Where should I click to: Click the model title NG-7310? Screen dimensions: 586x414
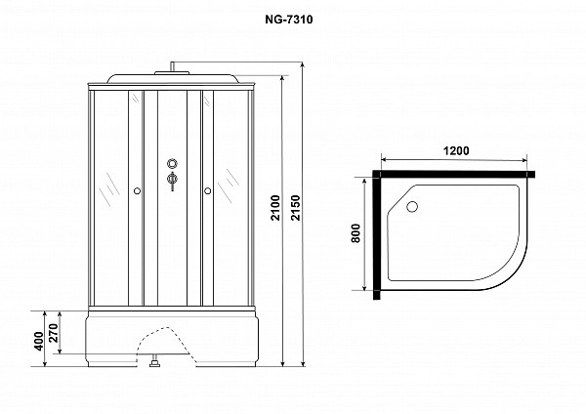pyautogui.click(x=289, y=20)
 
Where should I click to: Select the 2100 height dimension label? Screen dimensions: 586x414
pyautogui.click(x=275, y=208)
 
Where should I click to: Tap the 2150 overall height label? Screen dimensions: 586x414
pyautogui.click(x=296, y=208)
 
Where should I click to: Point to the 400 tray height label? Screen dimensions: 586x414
pyautogui.click(x=39, y=341)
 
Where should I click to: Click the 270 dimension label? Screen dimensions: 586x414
pyautogui.click(x=54, y=333)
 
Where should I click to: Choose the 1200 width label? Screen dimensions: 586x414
pyautogui.click(x=456, y=151)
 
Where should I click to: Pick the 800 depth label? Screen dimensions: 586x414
pyautogui.click(x=356, y=233)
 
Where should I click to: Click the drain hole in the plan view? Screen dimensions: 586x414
pyautogui.click(x=412, y=207)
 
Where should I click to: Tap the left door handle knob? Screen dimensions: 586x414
pyautogui.click(x=137, y=191)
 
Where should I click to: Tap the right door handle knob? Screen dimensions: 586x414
pyautogui.click(x=207, y=191)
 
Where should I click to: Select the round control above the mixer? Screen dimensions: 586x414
pyautogui.click(x=172, y=163)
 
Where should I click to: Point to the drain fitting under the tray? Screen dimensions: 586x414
pyautogui.click(x=154, y=362)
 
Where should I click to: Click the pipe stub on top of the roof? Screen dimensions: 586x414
pyautogui.click(x=172, y=66)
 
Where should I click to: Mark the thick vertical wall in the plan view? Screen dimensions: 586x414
pyautogui.click(x=377, y=234)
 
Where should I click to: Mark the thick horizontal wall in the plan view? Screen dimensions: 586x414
pyautogui.click(x=454, y=174)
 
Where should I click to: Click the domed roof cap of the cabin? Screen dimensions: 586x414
pyautogui.click(x=173, y=78)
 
